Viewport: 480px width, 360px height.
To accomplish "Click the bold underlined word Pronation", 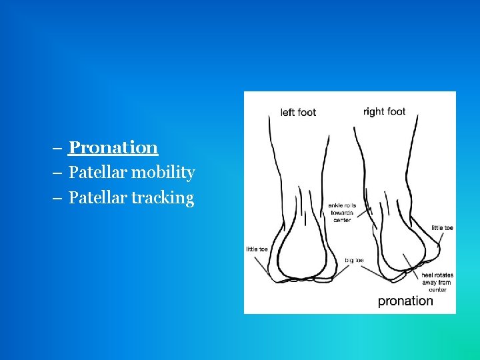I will pos(113,147).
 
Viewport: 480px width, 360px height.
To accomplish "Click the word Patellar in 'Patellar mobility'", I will pos(98,173).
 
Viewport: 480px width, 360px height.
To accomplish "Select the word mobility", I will pos(163,173).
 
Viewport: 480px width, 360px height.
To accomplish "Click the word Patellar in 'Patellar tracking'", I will pos(98,198).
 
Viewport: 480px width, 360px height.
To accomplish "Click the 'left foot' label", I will pos(298,113).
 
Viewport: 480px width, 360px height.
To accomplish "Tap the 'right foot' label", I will pos(384,111).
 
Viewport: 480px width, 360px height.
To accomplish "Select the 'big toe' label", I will pos(354,259).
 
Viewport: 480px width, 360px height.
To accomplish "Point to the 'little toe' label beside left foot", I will pos(257,249).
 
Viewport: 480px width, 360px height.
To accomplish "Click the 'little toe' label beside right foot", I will pos(442,228).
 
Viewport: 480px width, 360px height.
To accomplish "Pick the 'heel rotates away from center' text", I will pos(437,282).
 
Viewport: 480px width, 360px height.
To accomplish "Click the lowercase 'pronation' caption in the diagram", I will pos(405,301).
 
